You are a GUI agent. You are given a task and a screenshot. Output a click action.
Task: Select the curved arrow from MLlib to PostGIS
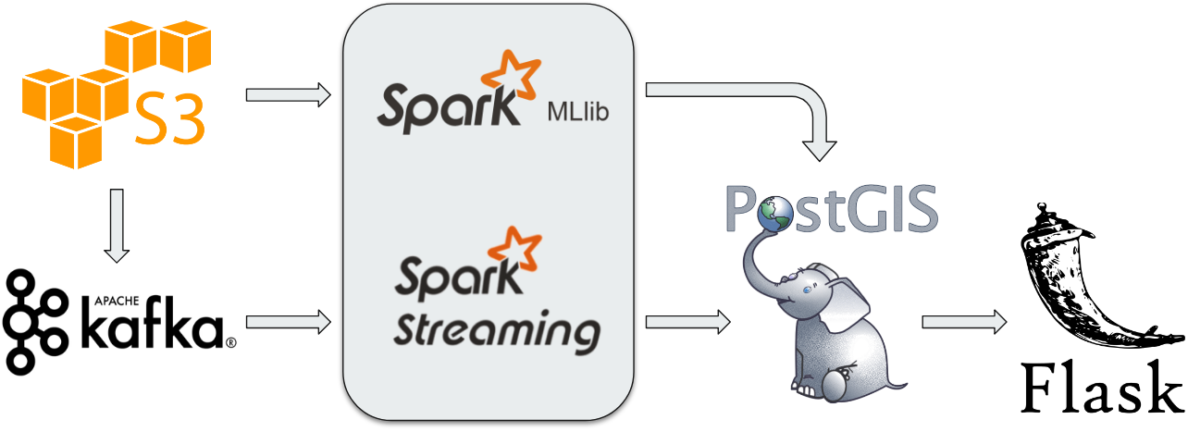pyautogui.click(x=796, y=106)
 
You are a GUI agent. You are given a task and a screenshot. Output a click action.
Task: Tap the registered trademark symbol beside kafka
pyautogui.click(x=230, y=342)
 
